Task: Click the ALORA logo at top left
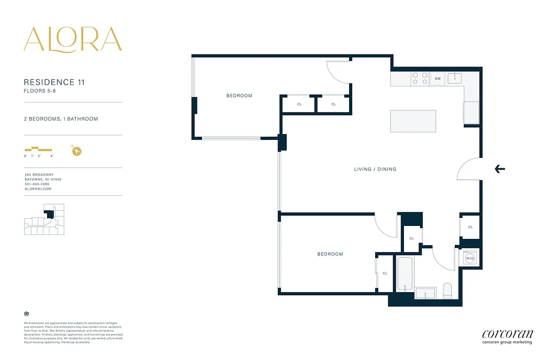tap(72, 39)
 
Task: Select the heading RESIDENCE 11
tap(54, 82)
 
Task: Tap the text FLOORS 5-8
tap(40, 91)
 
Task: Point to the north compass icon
tap(77, 151)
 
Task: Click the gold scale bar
tap(38, 149)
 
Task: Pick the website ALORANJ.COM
tap(38, 189)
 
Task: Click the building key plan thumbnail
tap(44, 219)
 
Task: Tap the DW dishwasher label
tap(437, 79)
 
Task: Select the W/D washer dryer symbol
tap(470, 259)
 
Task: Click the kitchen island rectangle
tap(413, 121)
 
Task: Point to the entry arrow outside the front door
tap(500, 169)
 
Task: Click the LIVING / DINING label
tap(375, 169)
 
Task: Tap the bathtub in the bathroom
tap(405, 273)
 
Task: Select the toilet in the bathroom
tap(447, 290)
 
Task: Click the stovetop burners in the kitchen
tap(420, 79)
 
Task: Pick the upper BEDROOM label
tap(239, 96)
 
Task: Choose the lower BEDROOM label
tap(330, 254)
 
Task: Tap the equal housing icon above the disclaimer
tap(26, 313)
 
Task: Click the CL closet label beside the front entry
tap(470, 227)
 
